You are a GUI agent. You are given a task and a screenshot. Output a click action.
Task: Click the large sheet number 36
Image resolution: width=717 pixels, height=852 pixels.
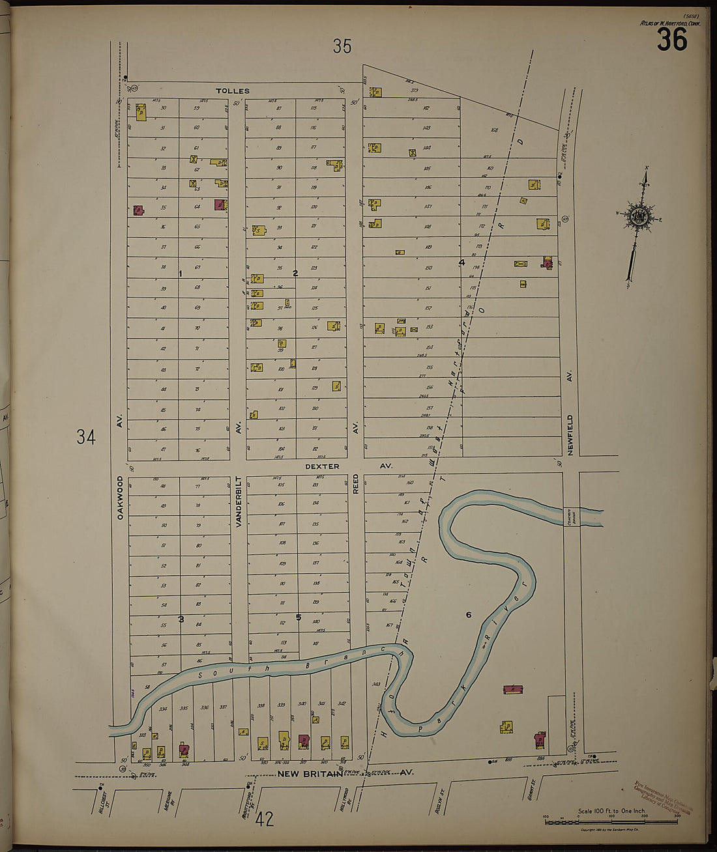point(671,40)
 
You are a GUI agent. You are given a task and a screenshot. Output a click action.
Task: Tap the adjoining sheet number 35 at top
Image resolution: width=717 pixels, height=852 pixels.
point(342,46)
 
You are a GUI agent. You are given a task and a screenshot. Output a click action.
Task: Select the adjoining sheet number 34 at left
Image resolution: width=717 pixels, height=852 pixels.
point(85,436)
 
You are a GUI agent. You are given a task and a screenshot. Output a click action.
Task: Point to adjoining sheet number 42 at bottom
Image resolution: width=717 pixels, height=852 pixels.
point(265,819)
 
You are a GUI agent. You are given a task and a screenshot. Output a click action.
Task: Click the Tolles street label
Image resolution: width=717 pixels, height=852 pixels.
point(233,91)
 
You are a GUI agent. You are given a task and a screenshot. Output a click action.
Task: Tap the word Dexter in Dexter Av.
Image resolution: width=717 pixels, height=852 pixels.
point(322,466)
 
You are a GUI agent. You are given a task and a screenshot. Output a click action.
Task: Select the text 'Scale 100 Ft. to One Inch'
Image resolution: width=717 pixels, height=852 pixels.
point(611,811)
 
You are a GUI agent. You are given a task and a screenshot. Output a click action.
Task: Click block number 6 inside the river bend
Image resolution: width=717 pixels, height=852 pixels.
point(468,615)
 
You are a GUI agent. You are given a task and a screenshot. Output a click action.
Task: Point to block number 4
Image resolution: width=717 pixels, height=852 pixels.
point(461,263)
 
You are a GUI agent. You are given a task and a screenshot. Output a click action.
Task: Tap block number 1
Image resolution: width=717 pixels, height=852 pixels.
point(181,274)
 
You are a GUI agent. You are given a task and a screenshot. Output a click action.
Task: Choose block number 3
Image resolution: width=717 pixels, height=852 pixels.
point(181,619)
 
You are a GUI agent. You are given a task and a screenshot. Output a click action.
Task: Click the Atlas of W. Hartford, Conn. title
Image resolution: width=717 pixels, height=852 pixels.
point(663,24)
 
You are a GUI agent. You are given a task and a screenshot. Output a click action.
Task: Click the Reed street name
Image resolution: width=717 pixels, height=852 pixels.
point(356,483)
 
